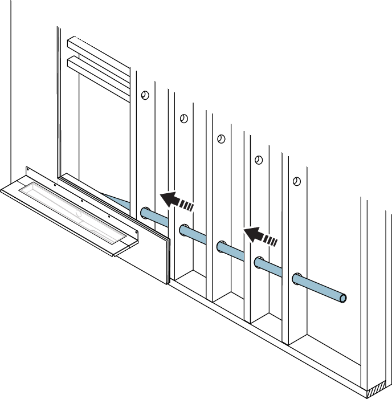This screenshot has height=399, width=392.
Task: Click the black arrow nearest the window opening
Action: (x=176, y=201)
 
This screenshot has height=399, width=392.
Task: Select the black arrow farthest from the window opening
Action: (x=259, y=234)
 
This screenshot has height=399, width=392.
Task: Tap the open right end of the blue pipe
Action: (x=343, y=298)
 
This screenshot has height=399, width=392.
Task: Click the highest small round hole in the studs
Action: (x=145, y=95)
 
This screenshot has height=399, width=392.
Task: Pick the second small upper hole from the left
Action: (x=183, y=119)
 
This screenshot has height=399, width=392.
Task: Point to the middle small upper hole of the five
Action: (x=221, y=139)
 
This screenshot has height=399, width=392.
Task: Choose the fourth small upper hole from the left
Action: (x=258, y=160)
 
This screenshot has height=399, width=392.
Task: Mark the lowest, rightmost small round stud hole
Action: (x=296, y=181)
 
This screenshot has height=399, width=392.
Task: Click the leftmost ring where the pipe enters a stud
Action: (x=145, y=212)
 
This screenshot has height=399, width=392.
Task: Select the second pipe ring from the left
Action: (x=183, y=230)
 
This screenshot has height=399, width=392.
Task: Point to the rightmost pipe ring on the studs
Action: (x=297, y=279)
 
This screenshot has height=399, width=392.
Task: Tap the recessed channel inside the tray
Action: (x=74, y=207)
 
